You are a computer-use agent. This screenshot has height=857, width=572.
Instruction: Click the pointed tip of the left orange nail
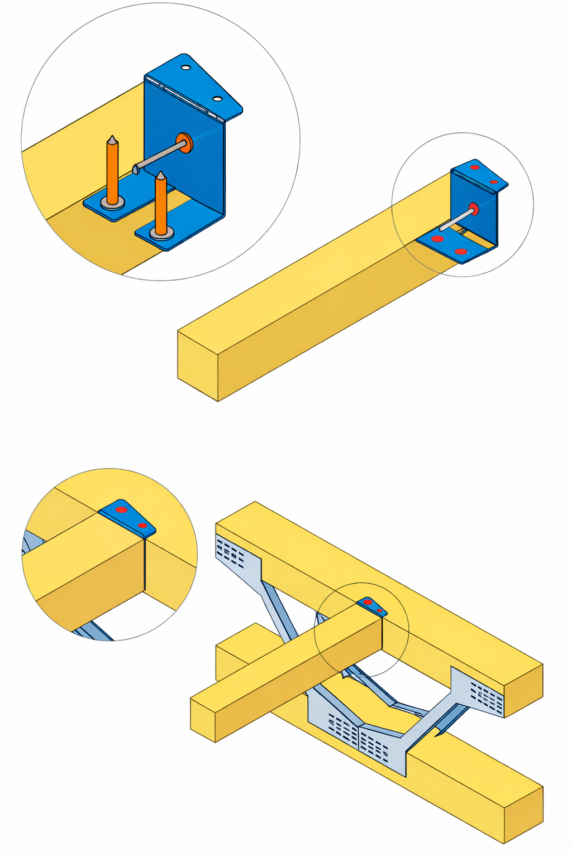112,137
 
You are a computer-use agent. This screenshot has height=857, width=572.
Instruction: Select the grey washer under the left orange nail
112,203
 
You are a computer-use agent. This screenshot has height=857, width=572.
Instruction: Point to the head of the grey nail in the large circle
136,168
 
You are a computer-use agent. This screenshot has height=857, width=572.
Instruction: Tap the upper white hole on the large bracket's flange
185,68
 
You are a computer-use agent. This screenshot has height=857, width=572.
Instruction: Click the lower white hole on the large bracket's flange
217,99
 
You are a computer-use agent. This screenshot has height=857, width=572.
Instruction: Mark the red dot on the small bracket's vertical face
474,209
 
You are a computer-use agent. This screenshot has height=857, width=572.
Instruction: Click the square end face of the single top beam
198,366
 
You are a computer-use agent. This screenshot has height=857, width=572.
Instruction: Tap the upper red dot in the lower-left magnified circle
121,509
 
